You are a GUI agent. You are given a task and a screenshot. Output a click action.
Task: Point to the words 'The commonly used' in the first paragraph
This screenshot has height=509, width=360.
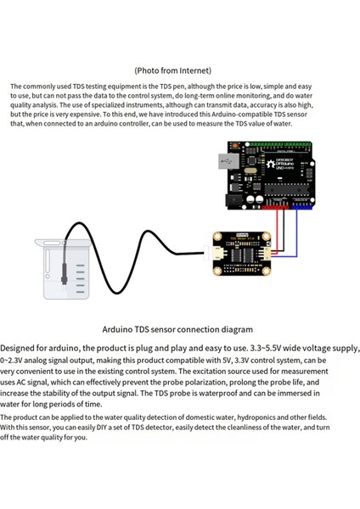38,87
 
